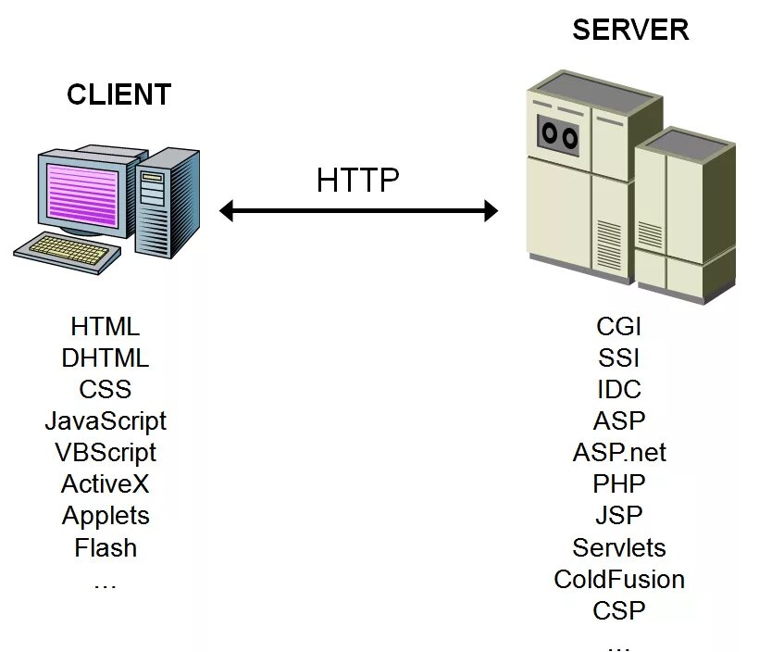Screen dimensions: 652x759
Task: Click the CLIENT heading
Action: (x=118, y=94)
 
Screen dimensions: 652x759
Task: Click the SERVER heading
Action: (x=630, y=30)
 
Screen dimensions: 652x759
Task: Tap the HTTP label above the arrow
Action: (x=357, y=180)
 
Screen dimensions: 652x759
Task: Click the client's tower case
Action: (x=169, y=198)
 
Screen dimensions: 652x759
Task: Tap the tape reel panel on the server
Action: (x=560, y=133)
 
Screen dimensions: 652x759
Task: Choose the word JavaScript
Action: (x=106, y=421)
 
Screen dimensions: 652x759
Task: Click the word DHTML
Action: (x=106, y=357)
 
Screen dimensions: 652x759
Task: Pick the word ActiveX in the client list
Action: (x=106, y=484)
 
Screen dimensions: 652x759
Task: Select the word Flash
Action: (x=106, y=547)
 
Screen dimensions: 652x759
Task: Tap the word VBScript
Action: (x=106, y=453)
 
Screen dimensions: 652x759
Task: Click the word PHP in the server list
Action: (x=619, y=483)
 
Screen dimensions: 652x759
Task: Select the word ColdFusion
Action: (x=619, y=580)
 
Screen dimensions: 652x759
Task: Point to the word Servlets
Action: (x=619, y=547)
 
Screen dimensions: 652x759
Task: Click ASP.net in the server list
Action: (x=619, y=452)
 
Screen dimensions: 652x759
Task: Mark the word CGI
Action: (x=619, y=326)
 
